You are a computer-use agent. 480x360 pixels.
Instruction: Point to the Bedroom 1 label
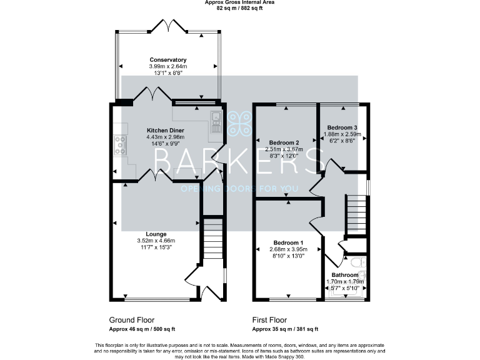288,242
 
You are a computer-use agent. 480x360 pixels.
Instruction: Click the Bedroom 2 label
286,142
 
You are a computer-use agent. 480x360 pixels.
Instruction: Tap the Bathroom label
345,275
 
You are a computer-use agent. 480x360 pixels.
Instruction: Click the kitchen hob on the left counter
119,146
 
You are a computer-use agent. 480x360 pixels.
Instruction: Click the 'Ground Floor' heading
131,319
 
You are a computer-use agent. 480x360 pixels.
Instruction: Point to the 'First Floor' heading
273,319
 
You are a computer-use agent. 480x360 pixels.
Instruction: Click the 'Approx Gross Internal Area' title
239,2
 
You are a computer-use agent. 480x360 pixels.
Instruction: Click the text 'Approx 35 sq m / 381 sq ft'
285,329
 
